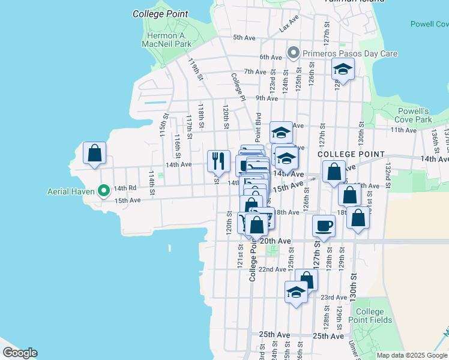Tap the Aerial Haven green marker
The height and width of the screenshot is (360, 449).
coord(103,192)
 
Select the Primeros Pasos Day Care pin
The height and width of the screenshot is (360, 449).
coord(294,53)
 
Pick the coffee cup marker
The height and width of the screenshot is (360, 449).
coord(324,226)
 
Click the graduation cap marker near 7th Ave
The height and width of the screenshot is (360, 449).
coord(343,69)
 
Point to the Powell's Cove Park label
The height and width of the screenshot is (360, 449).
coord(414,115)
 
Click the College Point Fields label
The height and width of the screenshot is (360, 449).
coord(369,316)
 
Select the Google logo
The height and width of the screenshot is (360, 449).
coord(20,353)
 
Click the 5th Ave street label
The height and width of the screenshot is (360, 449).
coord(244,37)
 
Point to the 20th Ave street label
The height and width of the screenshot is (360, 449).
coord(279,241)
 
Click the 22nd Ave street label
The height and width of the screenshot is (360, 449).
coord(272,269)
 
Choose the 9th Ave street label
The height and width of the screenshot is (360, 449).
coord(267,98)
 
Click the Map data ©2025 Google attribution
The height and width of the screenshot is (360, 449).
coord(412,355)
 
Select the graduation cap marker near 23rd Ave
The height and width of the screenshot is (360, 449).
coord(296,292)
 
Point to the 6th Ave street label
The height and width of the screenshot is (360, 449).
coord(271,57)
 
